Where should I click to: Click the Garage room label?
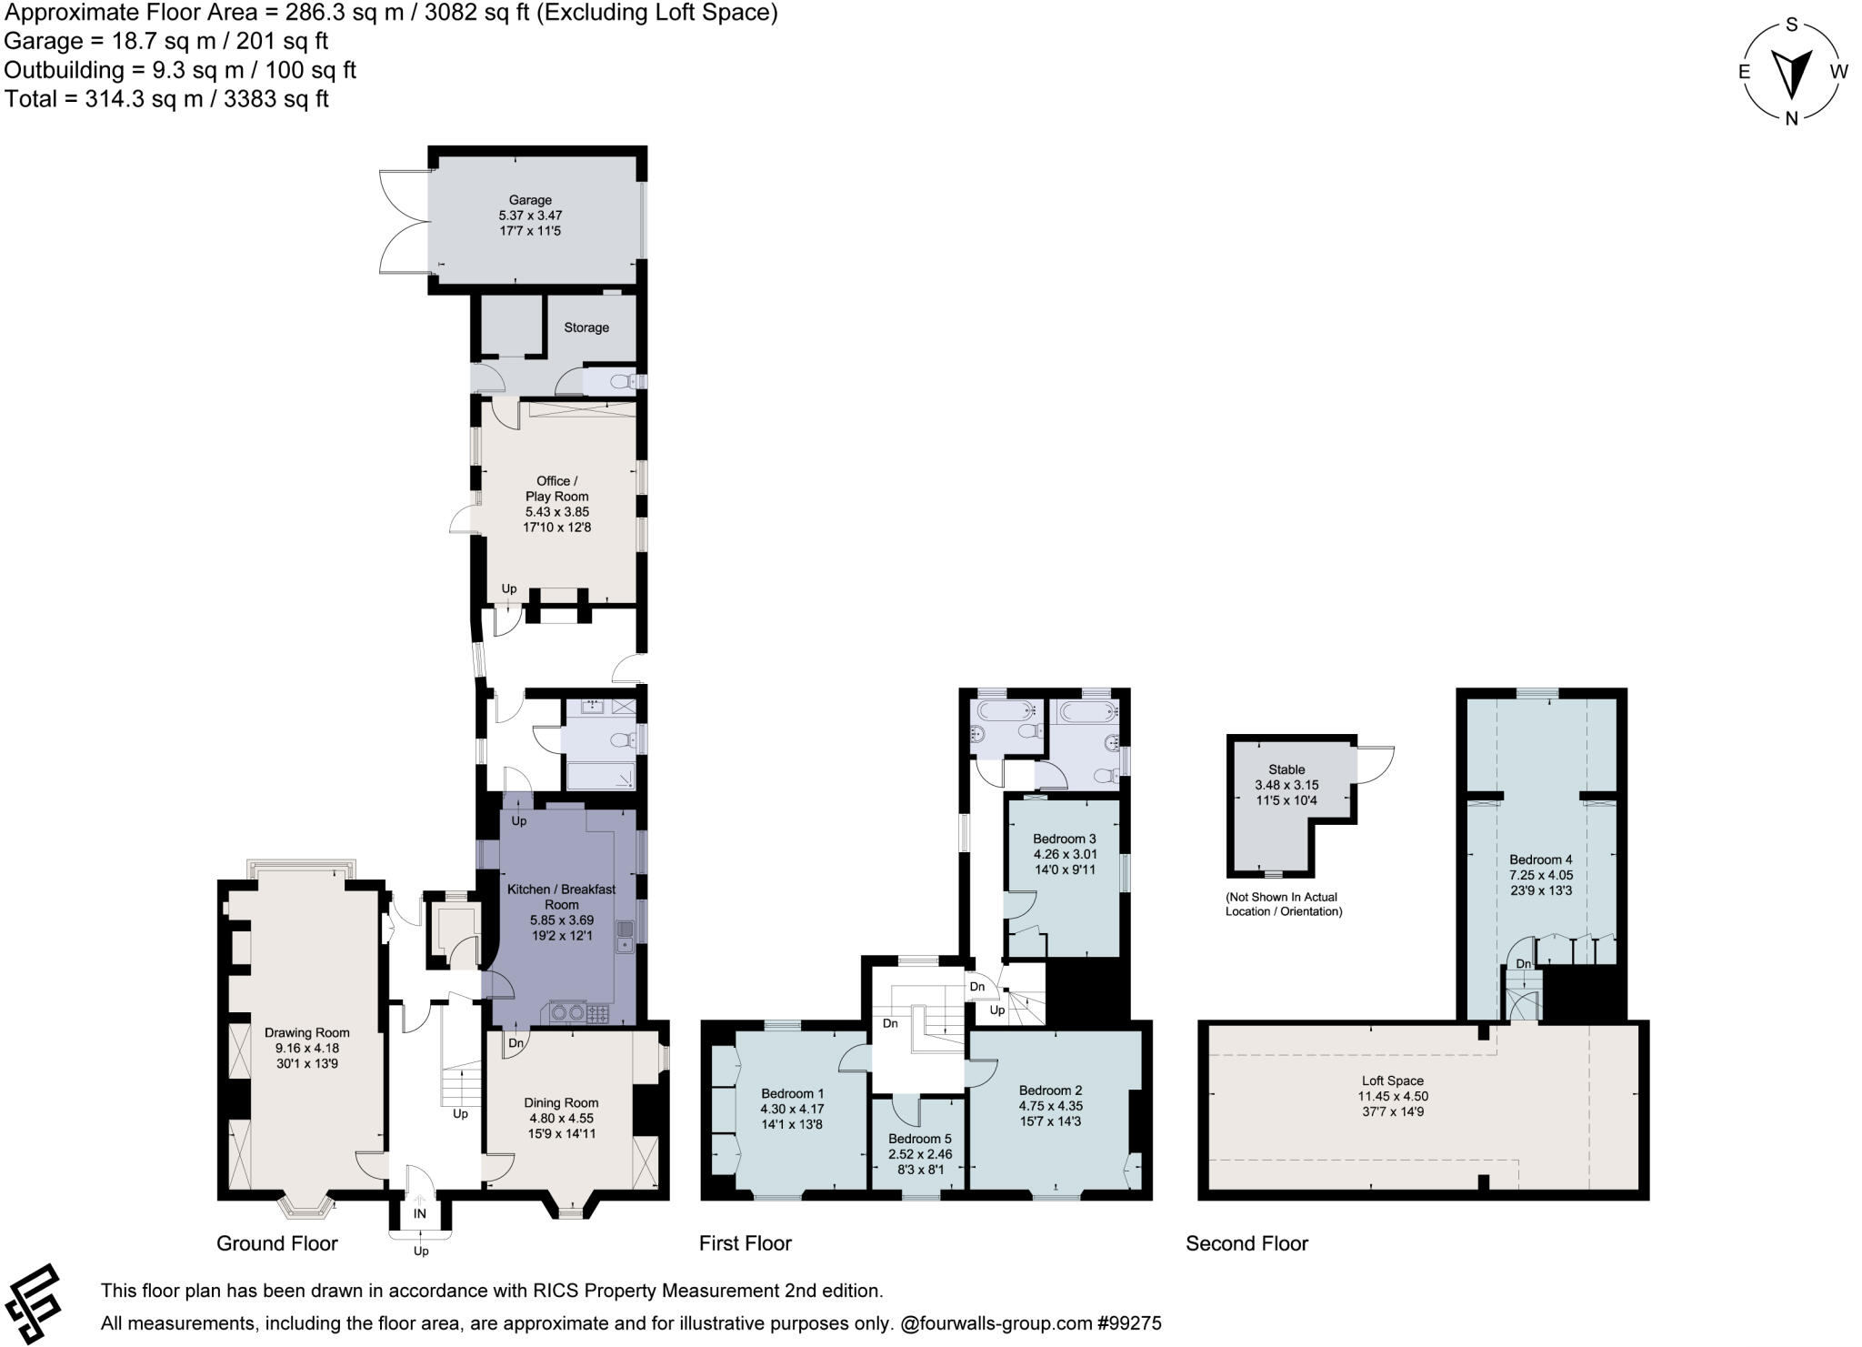[530, 200]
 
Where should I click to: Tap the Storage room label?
[586, 327]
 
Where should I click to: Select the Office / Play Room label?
[556, 488]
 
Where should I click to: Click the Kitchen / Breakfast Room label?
[561, 897]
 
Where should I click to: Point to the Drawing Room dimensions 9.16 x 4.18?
[306, 1048]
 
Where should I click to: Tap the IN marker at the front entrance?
[419, 1213]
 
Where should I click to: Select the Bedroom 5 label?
[919, 1139]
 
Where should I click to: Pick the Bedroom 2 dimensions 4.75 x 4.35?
[1050, 1106]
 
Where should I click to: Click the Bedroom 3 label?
[1064, 839]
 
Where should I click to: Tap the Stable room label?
[1286, 769]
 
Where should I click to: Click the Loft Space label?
[1392, 1081]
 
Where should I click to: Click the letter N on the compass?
[1791, 118]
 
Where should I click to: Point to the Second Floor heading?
[1246, 1243]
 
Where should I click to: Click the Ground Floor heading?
[276, 1243]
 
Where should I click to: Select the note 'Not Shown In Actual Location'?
[1283, 904]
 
